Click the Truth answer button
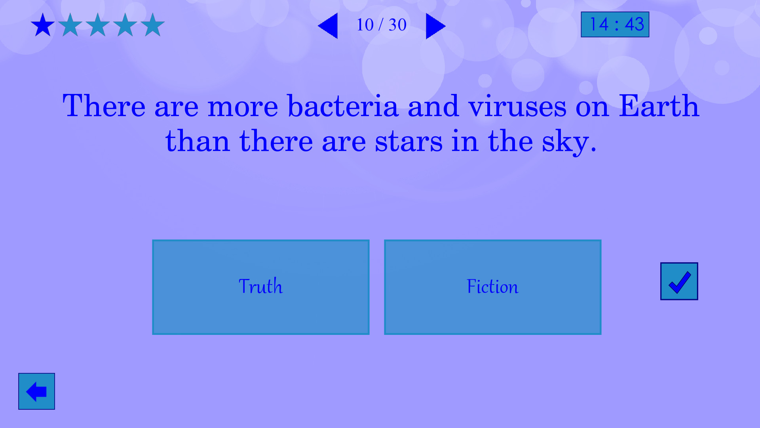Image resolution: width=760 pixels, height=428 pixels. (x=260, y=287)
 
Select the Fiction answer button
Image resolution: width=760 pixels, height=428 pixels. (x=492, y=287)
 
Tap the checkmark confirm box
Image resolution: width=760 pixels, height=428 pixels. (x=679, y=281)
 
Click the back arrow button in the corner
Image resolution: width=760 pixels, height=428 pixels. (x=36, y=391)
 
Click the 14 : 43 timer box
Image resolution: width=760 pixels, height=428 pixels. (x=615, y=25)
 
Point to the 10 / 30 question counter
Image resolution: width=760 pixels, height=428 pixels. (x=381, y=25)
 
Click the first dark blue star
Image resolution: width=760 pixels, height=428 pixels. (x=43, y=25)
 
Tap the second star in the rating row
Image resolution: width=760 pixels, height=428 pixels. (x=70, y=25)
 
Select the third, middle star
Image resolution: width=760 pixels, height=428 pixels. (x=98, y=25)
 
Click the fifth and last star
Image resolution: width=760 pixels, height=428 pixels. (x=152, y=25)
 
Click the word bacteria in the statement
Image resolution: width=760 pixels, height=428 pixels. (x=343, y=106)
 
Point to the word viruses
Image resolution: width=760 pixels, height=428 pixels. (x=517, y=106)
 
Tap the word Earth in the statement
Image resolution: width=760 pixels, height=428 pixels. (x=659, y=106)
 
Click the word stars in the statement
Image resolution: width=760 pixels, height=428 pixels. (x=408, y=141)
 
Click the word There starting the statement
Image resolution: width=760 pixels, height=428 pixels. (x=104, y=106)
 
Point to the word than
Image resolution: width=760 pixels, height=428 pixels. (x=198, y=141)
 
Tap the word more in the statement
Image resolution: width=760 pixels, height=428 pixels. (x=243, y=106)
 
